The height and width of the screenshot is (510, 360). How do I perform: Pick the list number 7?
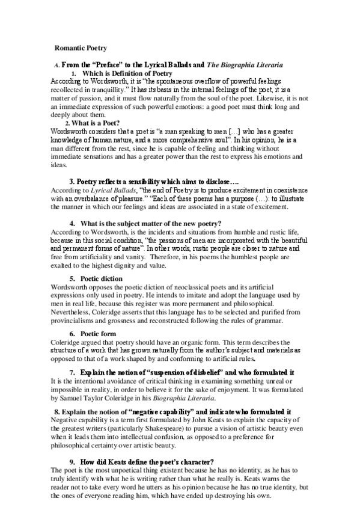[x=72, y=372]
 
